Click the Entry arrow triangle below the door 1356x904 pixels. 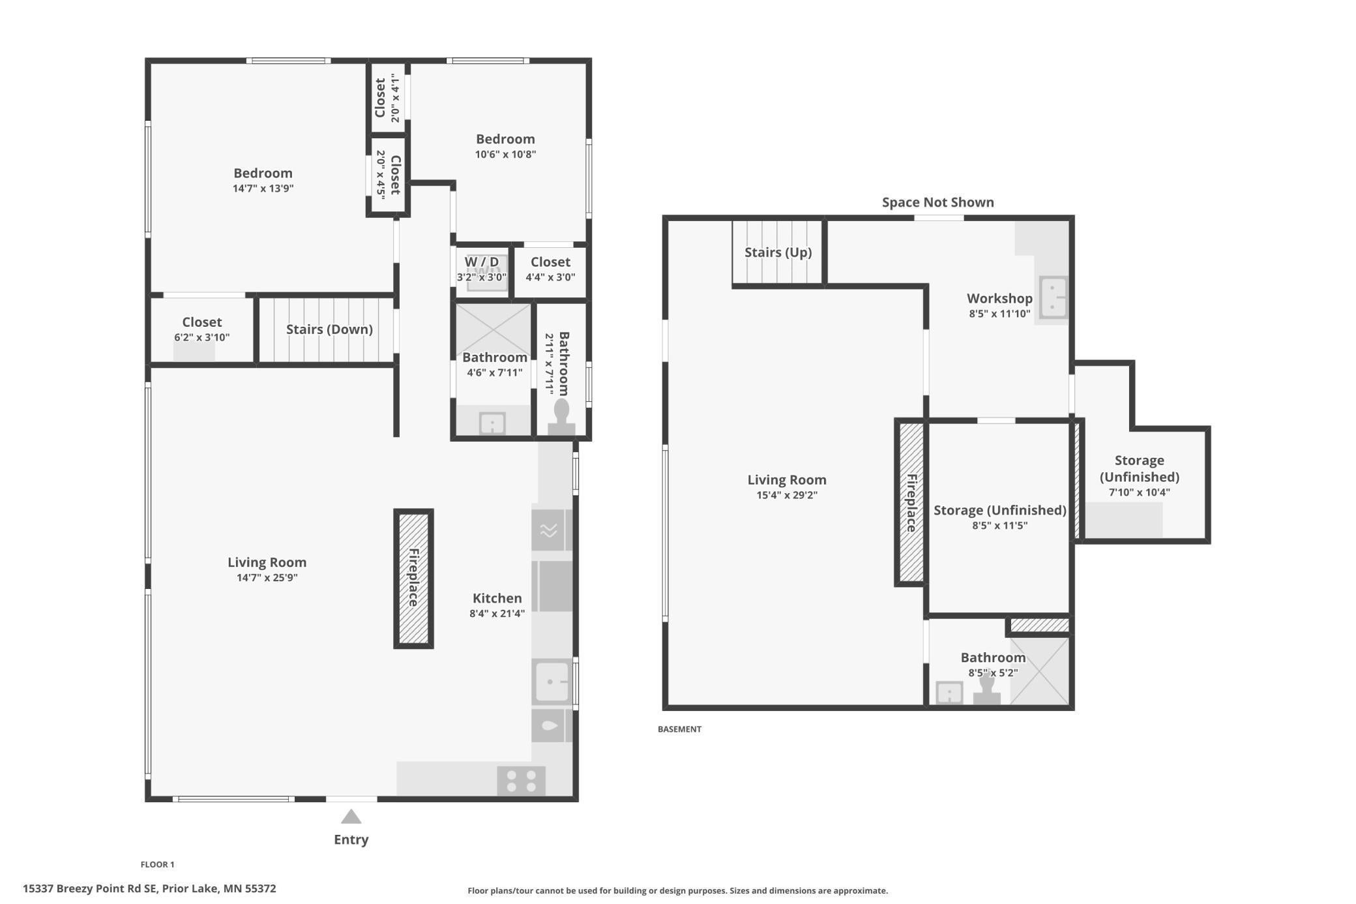351,817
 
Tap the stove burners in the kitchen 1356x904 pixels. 521,781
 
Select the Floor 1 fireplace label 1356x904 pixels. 413,577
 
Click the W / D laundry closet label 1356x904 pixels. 481,262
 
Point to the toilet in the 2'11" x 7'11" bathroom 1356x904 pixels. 561,417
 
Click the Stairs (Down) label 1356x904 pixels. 329,329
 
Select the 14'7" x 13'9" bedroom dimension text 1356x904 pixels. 263,188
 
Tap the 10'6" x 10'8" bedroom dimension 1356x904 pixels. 505,155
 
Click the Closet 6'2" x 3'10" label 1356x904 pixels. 201,322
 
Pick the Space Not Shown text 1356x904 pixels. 937,202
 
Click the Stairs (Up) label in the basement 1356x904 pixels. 778,252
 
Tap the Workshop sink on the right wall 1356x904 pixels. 1053,297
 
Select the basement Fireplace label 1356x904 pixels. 911,502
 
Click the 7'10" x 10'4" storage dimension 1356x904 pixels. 1139,492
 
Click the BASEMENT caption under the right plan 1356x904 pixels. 679,729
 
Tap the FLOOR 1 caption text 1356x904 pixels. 158,864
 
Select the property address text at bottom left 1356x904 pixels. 149,888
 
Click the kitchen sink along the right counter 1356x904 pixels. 552,682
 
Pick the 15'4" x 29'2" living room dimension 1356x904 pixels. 786,495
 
